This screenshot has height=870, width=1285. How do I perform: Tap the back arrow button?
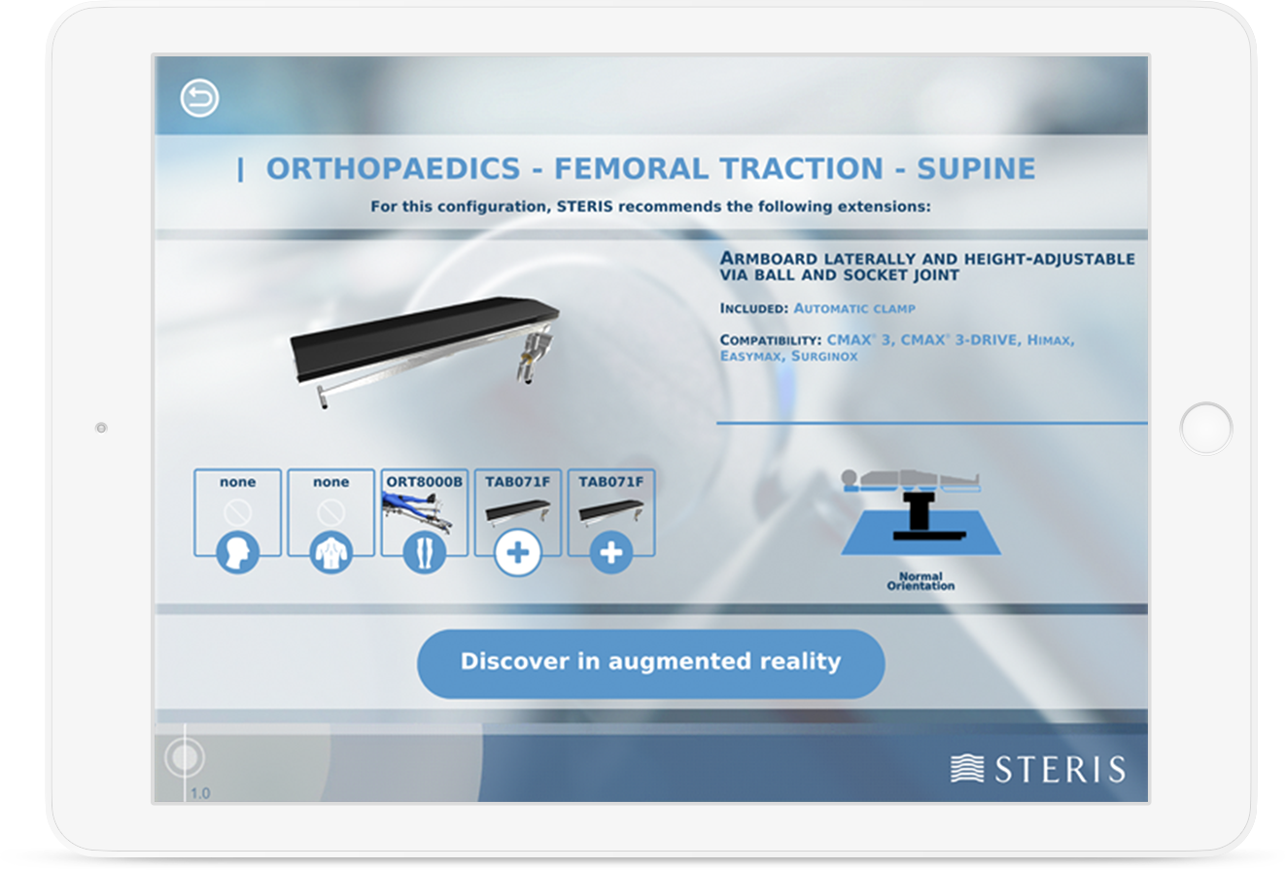point(199,98)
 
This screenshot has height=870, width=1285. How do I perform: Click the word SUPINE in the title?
point(976,169)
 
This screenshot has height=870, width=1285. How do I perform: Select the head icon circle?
point(237,552)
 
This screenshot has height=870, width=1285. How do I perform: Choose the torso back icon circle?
point(331,552)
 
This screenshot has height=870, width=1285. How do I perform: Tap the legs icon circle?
point(425,552)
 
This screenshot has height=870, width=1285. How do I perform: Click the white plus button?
point(517,553)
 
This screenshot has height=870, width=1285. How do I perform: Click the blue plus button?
point(611,553)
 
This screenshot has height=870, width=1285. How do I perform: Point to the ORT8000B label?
point(425,482)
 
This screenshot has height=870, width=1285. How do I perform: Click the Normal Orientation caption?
point(920,580)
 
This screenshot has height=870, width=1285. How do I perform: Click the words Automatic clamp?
point(854,309)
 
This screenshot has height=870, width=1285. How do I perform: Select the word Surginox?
point(824,357)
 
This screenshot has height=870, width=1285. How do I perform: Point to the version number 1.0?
point(200,793)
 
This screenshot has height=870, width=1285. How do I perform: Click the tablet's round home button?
point(1206,429)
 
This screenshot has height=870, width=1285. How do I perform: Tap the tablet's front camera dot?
point(101,428)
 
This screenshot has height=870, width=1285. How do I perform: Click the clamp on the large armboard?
point(533,355)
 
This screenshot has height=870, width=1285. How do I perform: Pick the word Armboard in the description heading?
point(768,259)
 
